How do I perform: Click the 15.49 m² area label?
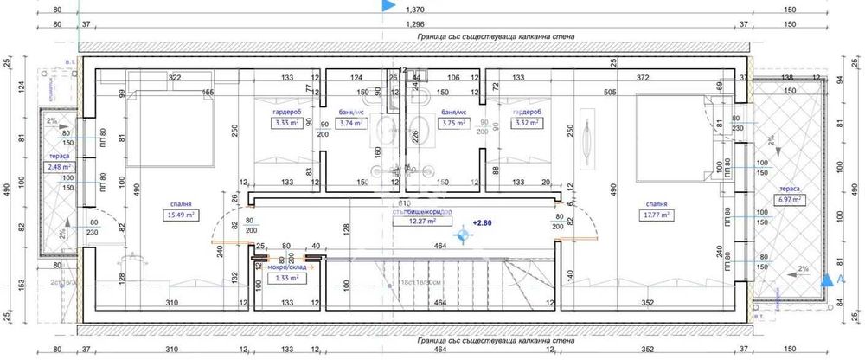tap(180, 216)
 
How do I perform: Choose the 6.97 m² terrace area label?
tap(790, 199)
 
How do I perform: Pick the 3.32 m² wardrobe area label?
tap(525, 123)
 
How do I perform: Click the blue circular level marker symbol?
tap(464, 234)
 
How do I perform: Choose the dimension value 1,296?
tap(416, 24)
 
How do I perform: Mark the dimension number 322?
tap(173, 78)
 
